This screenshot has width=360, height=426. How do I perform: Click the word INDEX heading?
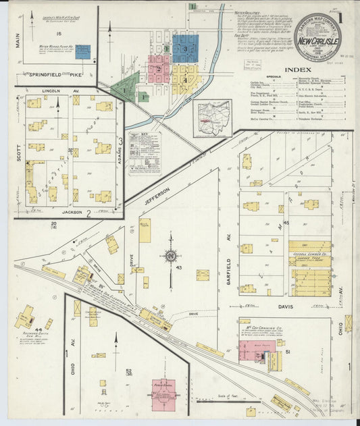(x=298, y=70)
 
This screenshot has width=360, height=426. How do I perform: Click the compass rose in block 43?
(x=171, y=256)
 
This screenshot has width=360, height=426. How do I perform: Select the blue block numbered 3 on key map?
(x=184, y=49)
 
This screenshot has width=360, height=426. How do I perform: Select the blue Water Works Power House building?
(x=82, y=52)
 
